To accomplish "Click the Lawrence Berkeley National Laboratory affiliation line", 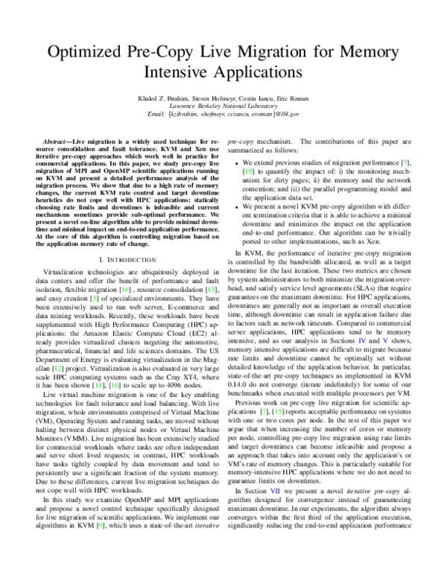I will click(223, 107).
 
